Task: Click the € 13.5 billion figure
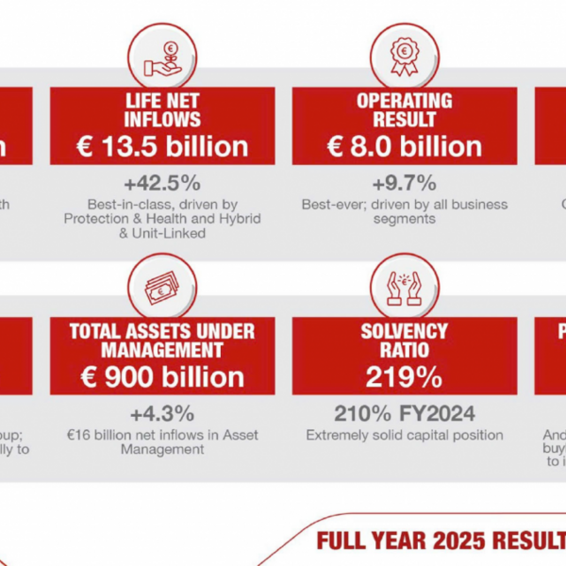coord(162,146)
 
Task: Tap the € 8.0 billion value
coord(405,146)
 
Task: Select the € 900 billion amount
coord(162,376)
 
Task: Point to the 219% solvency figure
coord(405,376)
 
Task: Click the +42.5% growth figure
coord(162,183)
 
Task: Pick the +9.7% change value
coord(405,183)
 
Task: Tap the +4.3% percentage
coord(162,413)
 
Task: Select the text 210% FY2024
coord(405,413)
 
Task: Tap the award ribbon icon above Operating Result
coord(405,55)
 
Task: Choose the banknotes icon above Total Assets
coord(162,285)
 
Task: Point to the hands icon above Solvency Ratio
coord(405,285)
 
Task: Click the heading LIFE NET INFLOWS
coord(162,109)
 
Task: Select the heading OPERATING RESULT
coord(405,109)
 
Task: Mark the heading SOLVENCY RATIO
coord(405,340)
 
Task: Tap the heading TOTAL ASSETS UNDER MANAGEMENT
coord(162,340)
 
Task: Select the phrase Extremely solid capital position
coord(405,436)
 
